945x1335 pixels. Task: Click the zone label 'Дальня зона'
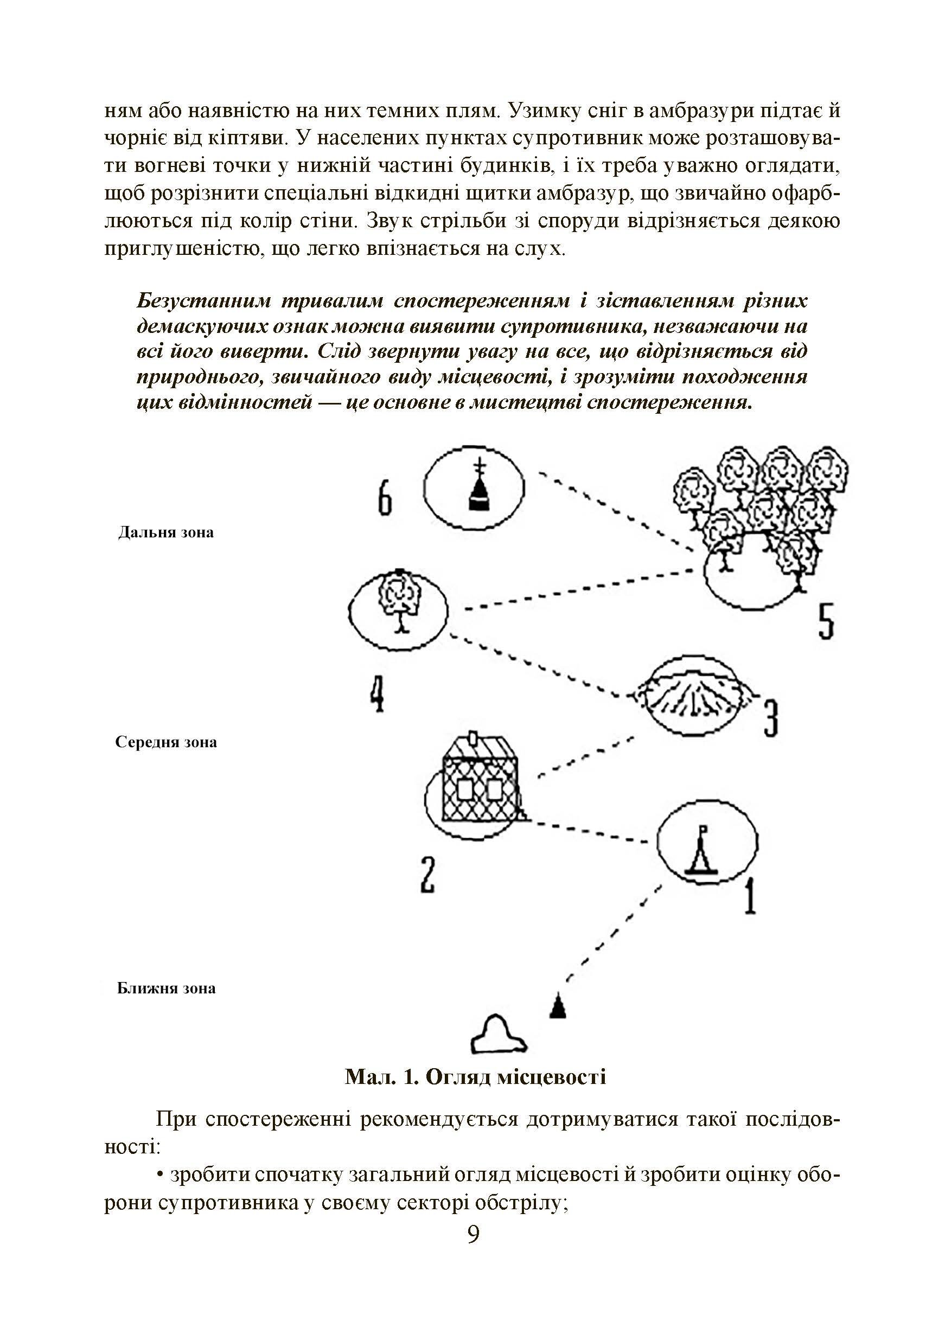point(166,532)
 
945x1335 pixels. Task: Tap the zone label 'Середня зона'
point(166,742)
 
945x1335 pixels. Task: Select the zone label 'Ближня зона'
point(166,989)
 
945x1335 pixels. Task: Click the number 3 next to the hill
point(770,718)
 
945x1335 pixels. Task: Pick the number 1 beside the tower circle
point(750,896)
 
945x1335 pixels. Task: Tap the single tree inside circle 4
point(399,601)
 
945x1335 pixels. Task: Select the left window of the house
point(465,791)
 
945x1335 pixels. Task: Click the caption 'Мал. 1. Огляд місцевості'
point(475,1077)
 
